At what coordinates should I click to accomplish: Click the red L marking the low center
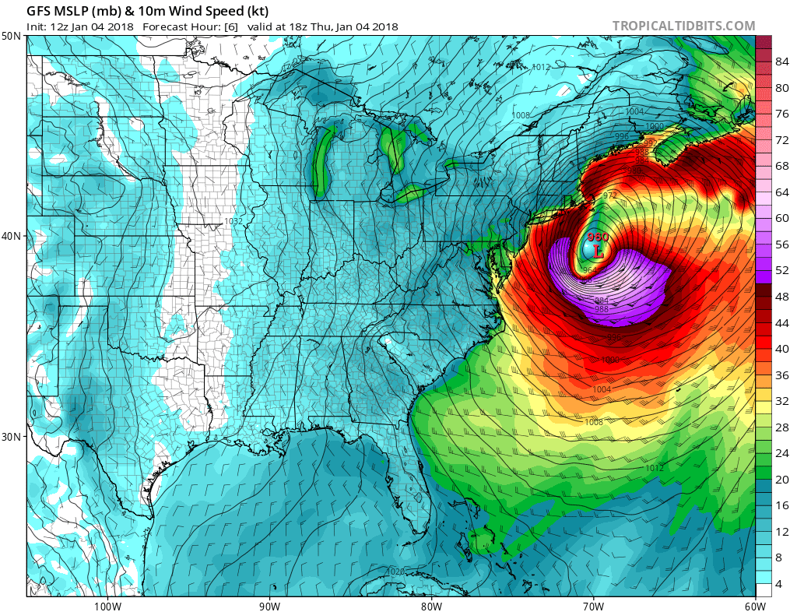(598, 251)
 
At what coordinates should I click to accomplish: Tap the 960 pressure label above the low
(598, 237)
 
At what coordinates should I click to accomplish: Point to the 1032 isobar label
(233, 222)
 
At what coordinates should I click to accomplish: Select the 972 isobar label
(609, 195)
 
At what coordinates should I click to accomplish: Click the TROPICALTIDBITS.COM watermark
(683, 26)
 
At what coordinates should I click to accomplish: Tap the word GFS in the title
(41, 12)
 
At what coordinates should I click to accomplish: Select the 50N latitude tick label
(12, 37)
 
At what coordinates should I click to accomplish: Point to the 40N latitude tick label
(12, 236)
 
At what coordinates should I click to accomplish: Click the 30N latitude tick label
(12, 436)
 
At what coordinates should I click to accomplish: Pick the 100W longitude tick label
(107, 605)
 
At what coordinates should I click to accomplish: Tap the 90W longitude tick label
(269, 605)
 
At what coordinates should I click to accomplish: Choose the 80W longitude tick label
(431, 605)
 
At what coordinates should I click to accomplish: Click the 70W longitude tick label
(593, 605)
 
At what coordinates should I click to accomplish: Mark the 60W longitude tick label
(754, 605)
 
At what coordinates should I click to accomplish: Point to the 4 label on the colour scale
(779, 584)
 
